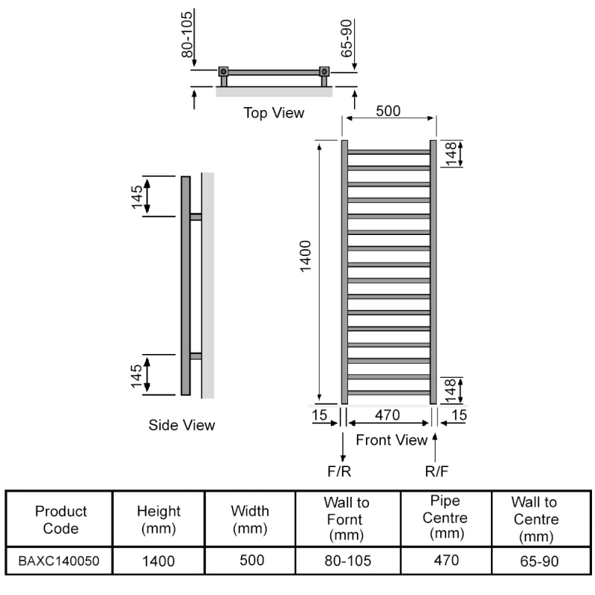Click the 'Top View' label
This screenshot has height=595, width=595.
[x=274, y=113]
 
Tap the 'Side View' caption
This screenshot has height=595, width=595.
[x=181, y=425]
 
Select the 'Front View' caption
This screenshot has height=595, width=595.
[x=392, y=440]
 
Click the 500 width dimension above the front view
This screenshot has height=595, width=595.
[x=388, y=111]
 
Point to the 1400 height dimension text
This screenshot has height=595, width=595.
[x=306, y=256]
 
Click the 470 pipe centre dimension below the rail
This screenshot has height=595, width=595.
[x=387, y=415]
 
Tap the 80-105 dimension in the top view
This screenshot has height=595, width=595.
[x=187, y=34]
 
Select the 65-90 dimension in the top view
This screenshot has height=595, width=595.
[x=347, y=39]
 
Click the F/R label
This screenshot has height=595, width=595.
[x=339, y=472]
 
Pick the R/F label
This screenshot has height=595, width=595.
[x=437, y=472]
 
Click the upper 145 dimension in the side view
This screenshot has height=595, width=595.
[x=137, y=197]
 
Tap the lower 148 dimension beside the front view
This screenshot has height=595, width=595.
[x=450, y=390]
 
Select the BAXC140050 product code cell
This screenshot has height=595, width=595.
[x=59, y=561]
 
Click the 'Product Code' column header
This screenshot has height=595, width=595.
[x=61, y=519]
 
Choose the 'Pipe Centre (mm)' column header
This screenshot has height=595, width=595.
[x=445, y=517]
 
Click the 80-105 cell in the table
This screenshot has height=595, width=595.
[x=347, y=561]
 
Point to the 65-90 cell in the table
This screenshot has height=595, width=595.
[x=539, y=562]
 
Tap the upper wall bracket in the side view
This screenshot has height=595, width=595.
[x=196, y=216]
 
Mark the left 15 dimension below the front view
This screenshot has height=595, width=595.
[x=320, y=415]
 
